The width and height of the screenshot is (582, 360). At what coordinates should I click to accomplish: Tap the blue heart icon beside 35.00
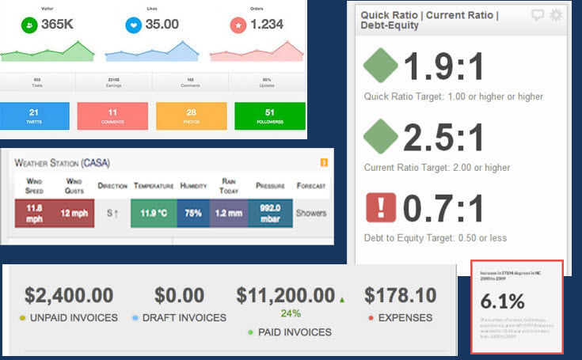pos(135,25)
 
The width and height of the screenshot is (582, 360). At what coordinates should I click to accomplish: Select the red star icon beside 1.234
pos(237,25)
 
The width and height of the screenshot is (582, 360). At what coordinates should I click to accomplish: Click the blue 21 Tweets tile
pos(33,116)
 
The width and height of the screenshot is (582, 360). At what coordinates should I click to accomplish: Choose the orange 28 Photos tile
pos(190,116)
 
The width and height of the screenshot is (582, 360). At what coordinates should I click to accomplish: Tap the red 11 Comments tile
pos(112,116)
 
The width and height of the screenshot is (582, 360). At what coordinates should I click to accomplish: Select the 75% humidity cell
pos(192,214)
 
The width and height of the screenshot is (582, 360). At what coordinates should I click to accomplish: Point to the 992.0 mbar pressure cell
pos(270,214)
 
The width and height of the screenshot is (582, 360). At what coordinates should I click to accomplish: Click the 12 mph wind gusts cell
pos(74,214)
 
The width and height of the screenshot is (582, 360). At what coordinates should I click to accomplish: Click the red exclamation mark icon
pos(380,210)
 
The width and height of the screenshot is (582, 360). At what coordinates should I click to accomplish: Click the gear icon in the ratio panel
pos(556,14)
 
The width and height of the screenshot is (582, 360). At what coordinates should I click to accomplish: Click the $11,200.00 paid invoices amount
pos(285,296)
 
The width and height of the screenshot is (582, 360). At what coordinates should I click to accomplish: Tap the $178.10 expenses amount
pos(400,296)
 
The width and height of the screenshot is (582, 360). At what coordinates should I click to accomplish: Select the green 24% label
pos(290,313)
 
